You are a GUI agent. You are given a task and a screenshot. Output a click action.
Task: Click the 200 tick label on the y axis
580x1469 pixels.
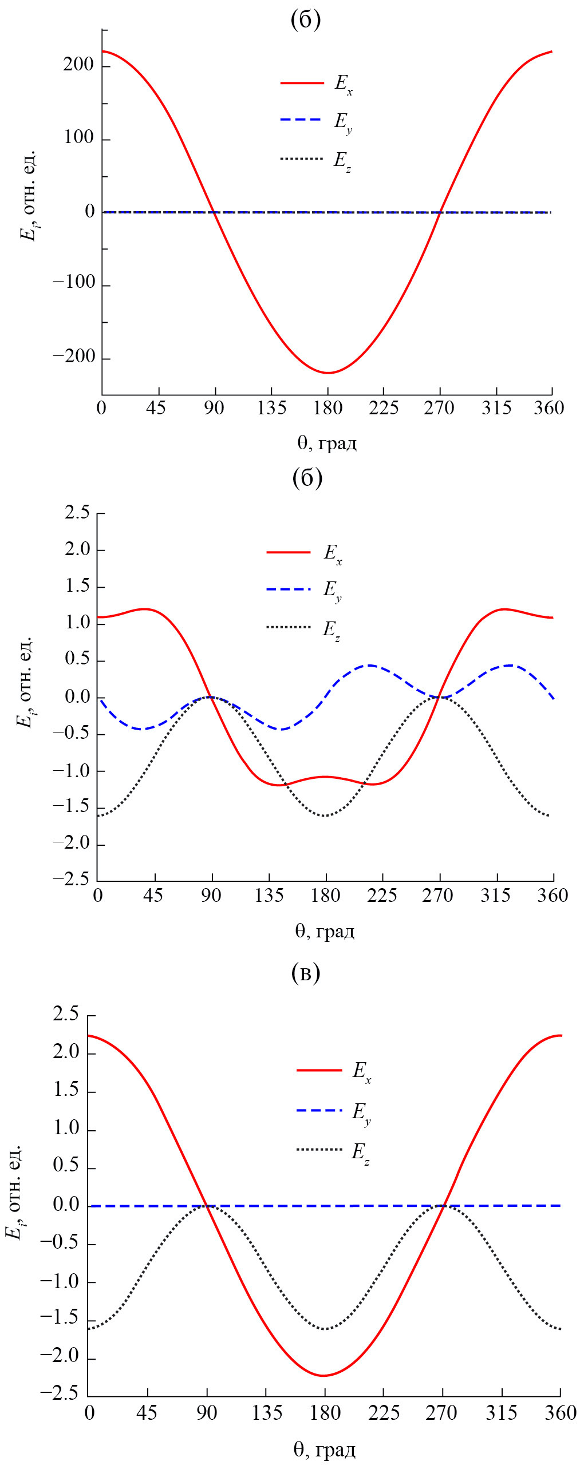tap(78, 65)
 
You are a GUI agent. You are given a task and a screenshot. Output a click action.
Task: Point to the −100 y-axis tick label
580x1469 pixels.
tap(74, 282)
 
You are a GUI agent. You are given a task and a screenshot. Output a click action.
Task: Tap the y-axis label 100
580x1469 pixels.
tap(78, 137)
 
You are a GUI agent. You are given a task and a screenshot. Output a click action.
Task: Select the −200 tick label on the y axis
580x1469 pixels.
tap(74, 357)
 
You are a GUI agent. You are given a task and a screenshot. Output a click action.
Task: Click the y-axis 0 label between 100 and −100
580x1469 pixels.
tap(89, 212)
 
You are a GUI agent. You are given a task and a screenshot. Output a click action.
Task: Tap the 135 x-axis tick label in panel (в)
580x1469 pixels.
tap(267, 1413)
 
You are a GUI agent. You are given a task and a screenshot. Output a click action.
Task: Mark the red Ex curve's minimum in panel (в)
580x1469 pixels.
tap(323, 1376)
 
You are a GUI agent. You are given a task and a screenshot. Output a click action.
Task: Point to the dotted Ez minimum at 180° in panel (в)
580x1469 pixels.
tap(325, 1329)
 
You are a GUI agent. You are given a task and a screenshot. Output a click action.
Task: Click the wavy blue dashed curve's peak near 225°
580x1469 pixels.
tap(370, 665)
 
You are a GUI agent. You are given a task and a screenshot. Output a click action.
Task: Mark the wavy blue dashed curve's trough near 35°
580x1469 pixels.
tap(143, 729)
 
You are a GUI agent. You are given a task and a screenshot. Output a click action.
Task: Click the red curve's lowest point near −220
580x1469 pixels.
tap(328, 373)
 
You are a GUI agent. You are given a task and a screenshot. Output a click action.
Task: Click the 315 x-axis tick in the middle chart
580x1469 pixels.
tap(496, 895)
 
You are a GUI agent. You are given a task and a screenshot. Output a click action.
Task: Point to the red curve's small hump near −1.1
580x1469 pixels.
tap(325, 777)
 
